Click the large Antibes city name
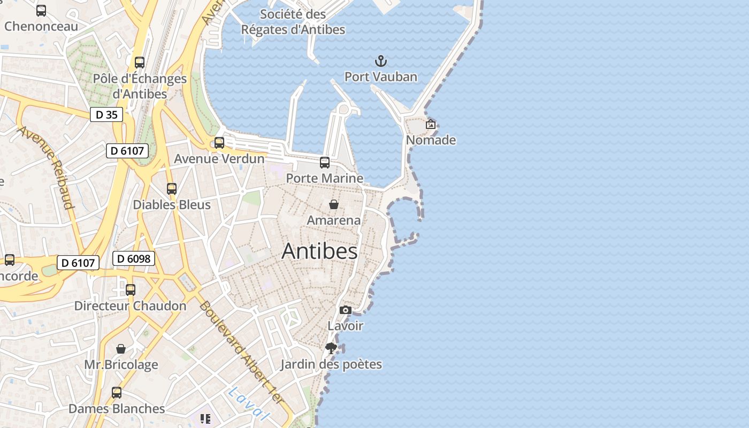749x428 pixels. pos(319,251)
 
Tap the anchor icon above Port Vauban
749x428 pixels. pos(380,60)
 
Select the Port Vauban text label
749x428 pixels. pos(380,77)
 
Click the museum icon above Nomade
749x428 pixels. pos(431,124)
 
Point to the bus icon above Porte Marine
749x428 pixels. pos(325,163)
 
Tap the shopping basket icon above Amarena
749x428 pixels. pos(334,204)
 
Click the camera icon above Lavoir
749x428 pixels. pos(346,310)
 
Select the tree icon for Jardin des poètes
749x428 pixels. pos(331,348)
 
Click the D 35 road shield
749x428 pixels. pos(106,114)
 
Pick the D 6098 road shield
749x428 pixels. pos(133,259)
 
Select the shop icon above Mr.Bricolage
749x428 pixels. pos(121,349)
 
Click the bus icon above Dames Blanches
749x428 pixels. pos(117,393)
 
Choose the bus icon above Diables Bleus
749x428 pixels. pos(172,189)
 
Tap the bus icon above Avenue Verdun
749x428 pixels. pos(219,143)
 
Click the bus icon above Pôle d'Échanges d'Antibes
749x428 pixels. pos(140,63)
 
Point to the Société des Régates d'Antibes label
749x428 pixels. pos(293,22)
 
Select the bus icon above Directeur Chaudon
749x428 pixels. pos(131,290)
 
